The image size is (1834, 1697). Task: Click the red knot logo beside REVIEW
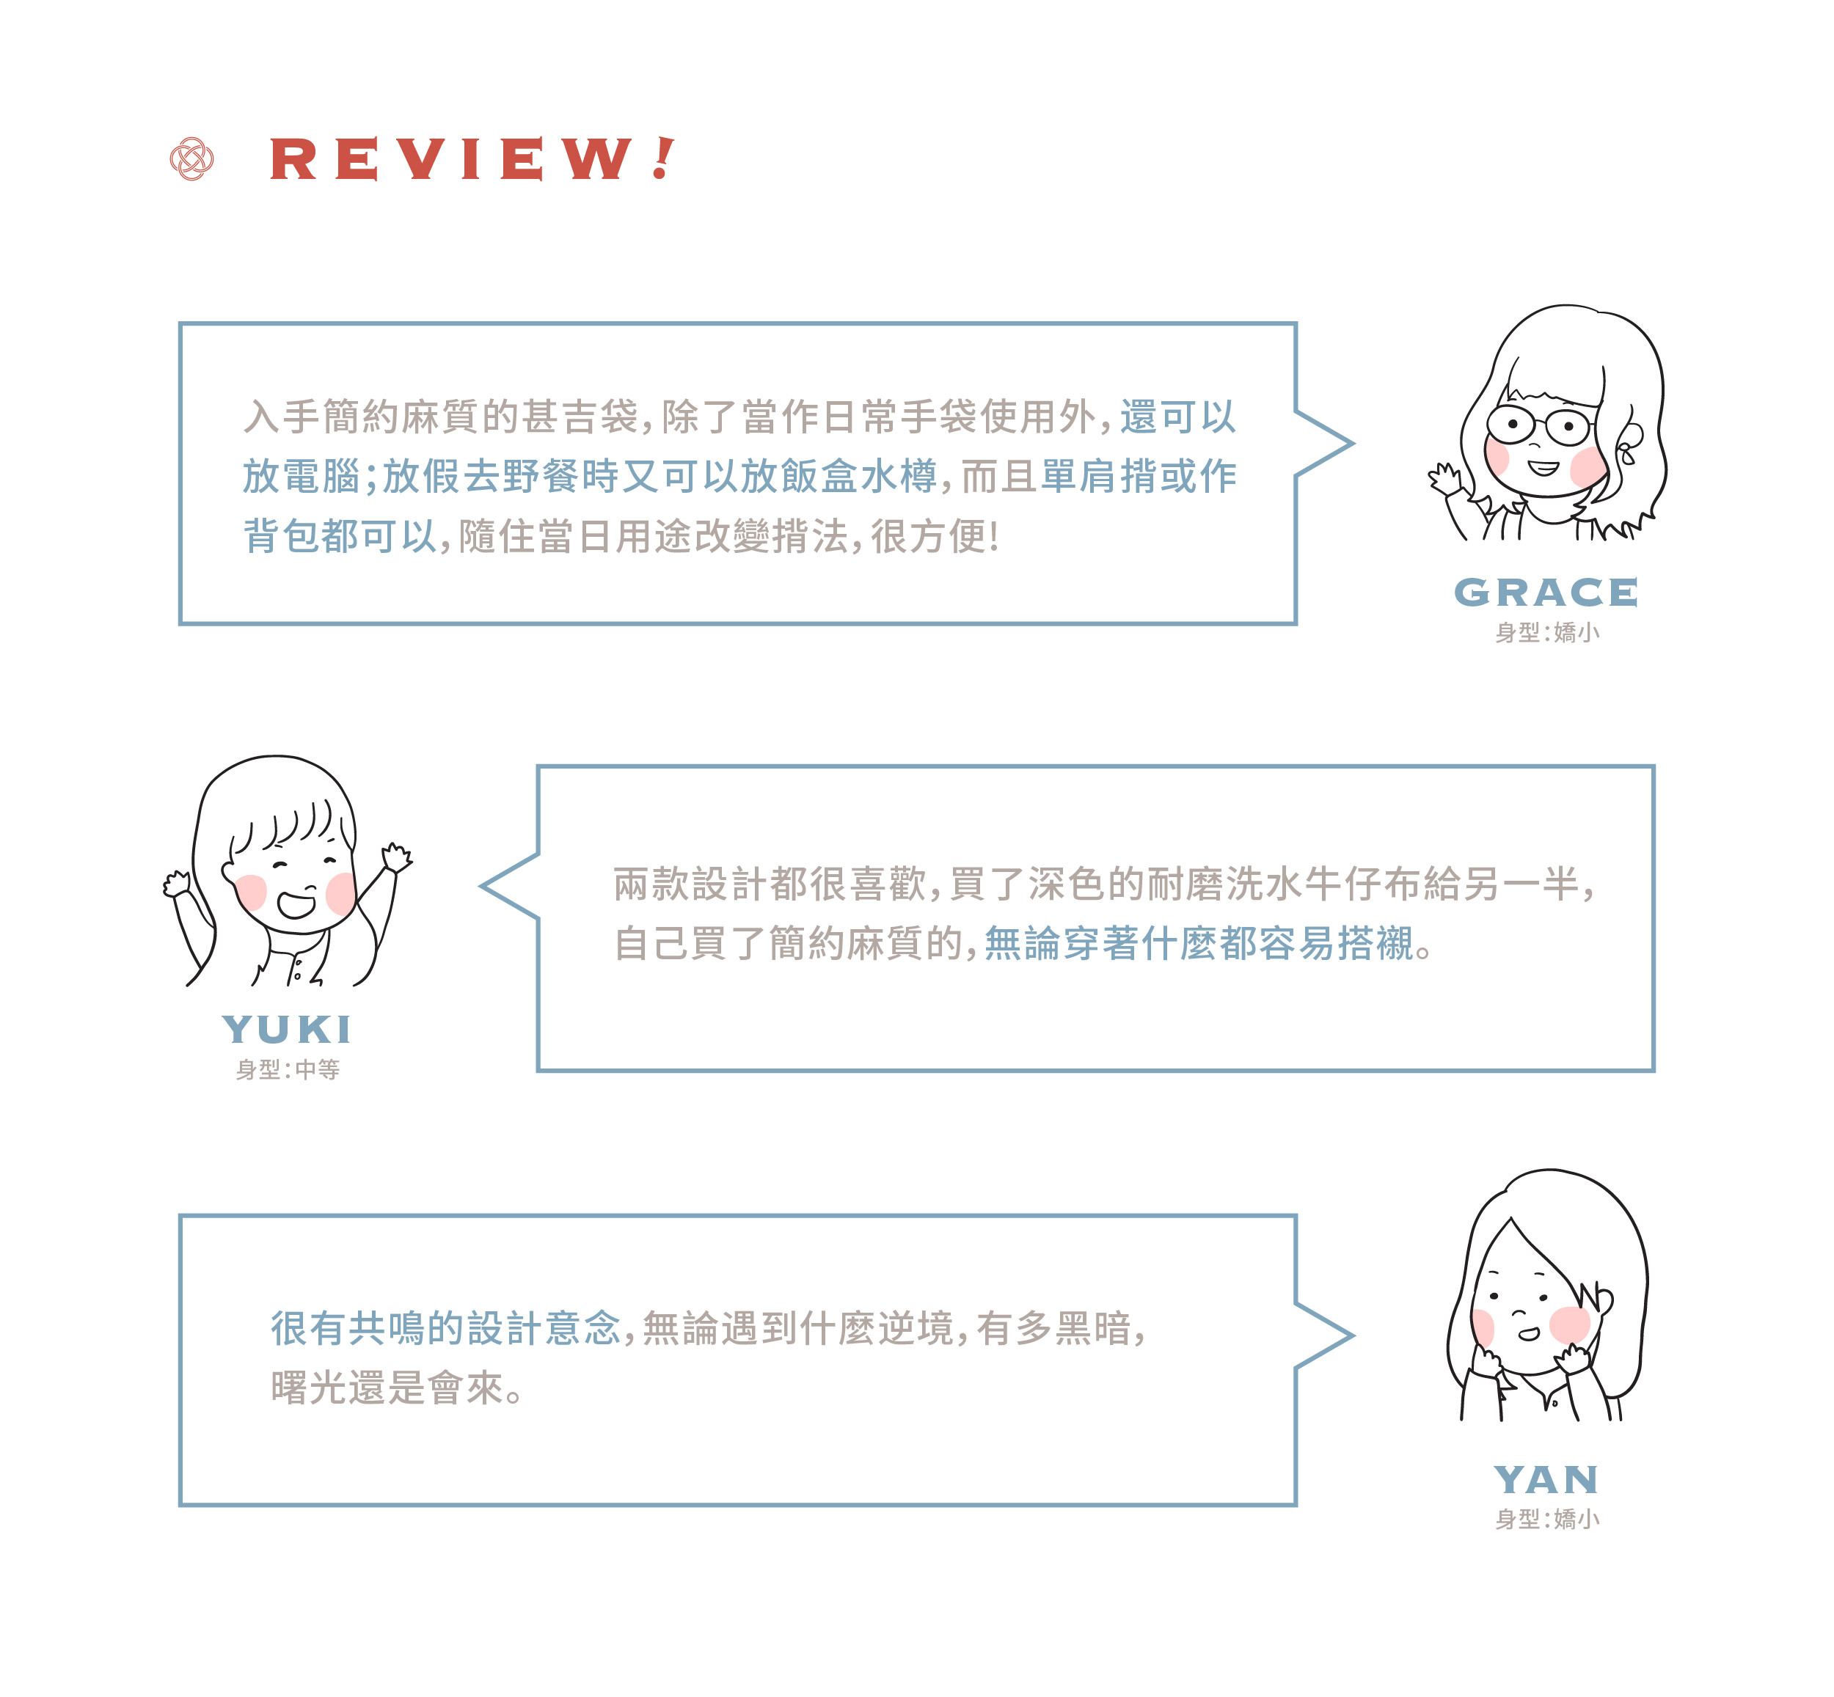click(x=192, y=159)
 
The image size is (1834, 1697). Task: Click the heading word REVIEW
click(x=450, y=159)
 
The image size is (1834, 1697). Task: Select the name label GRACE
click(x=1546, y=593)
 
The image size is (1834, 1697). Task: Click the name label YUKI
click(x=288, y=1030)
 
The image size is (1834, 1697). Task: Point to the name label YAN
click(x=1546, y=1479)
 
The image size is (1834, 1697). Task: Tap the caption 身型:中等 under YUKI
click(x=288, y=1070)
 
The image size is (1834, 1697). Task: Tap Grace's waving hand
click(x=1444, y=478)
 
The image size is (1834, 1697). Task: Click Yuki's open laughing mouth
click(x=296, y=904)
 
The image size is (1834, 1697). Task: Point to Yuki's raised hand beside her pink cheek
click(x=397, y=858)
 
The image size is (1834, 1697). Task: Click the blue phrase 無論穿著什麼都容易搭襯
click(x=1199, y=943)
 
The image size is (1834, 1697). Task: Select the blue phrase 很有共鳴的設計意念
click(x=445, y=1328)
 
